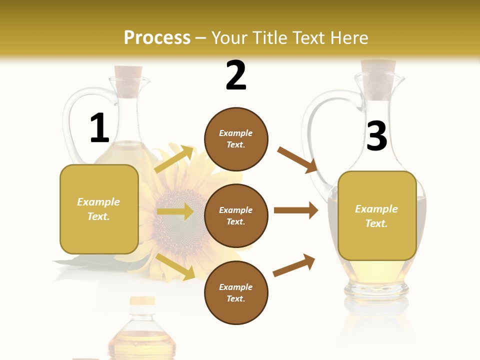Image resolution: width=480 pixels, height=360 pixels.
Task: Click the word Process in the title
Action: click(157, 38)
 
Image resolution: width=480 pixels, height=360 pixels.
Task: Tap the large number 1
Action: click(99, 128)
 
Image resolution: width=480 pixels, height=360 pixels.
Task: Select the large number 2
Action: click(236, 75)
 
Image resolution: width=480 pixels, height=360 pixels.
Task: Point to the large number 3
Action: click(377, 135)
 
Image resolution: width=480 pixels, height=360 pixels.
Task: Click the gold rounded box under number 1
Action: click(99, 209)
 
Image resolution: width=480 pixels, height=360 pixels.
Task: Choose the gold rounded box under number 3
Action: click(377, 215)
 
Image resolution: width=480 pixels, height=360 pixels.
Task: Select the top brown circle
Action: click(236, 139)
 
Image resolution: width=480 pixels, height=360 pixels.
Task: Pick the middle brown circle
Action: click(236, 216)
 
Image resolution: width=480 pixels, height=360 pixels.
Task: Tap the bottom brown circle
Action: click(236, 293)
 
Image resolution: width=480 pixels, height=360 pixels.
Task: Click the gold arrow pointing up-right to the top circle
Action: click(174, 159)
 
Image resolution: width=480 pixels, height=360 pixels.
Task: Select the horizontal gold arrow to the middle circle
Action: click(175, 211)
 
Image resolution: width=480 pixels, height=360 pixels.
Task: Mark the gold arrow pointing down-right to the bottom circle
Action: click(175, 266)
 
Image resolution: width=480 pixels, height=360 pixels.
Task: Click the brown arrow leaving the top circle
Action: click(297, 160)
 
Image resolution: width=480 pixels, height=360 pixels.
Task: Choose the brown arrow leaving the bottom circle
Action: click(294, 265)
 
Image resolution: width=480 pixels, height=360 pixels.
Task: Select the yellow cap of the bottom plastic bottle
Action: click(142, 301)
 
